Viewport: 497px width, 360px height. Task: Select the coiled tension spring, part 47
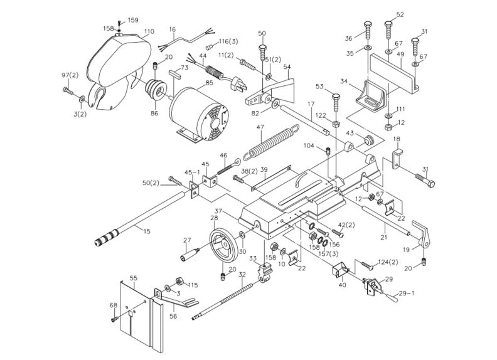(x=266, y=142)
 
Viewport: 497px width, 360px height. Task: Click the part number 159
(x=133, y=21)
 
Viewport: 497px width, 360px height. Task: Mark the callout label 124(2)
(x=387, y=262)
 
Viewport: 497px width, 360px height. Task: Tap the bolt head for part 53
(x=334, y=98)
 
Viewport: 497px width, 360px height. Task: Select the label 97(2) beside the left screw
(x=70, y=76)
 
